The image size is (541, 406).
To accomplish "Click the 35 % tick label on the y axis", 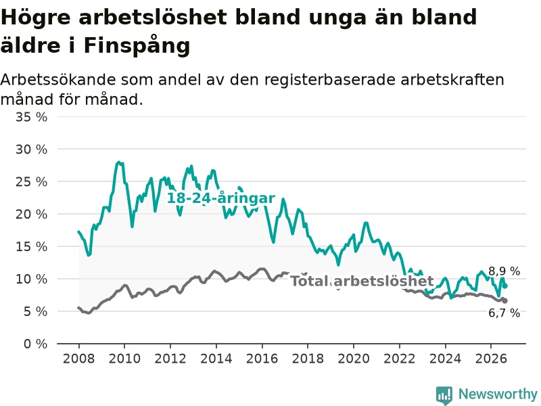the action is pyautogui.click(x=31, y=117).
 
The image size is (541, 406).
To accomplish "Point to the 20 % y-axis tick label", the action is pyautogui.click(x=31, y=215).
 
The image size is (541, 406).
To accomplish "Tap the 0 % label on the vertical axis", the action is pyautogui.click(x=36, y=344).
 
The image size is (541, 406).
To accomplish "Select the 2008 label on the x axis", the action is pyautogui.click(x=78, y=359).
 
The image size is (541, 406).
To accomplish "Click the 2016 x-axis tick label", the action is pyautogui.click(x=262, y=359).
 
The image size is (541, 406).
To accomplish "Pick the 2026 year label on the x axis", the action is pyautogui.click(x=491, y=359).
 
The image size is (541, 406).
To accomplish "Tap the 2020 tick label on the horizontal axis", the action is pyautogui.click(x=354, y=359).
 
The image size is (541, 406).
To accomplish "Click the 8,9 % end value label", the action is pyautogui.click(x=504, y=271).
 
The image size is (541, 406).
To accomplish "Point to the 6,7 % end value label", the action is pyautogui.click(x=504, y=313).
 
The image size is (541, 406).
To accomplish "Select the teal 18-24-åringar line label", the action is pyautogui.click(x=221, y=198).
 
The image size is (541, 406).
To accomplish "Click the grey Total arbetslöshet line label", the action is pyautogui.click(x=362, y=281).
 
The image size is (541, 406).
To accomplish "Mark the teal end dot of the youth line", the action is pyautogui.click(x=505, y=286).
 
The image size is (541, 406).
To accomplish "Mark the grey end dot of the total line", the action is pyautogui.click(x=505, y=300).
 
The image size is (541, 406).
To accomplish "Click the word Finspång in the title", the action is pyautogui.click(x=137, y=45).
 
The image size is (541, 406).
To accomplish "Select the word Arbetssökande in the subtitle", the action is pyautogui.click(x=58, y=80).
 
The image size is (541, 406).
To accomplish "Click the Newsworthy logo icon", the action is pyautogui.click(x=444, y=395).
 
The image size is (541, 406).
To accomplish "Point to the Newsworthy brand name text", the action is pyautogui.click(x=498, y=394).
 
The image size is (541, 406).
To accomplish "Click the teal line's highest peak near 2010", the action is pyautogui.click(x=119, y=162).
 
